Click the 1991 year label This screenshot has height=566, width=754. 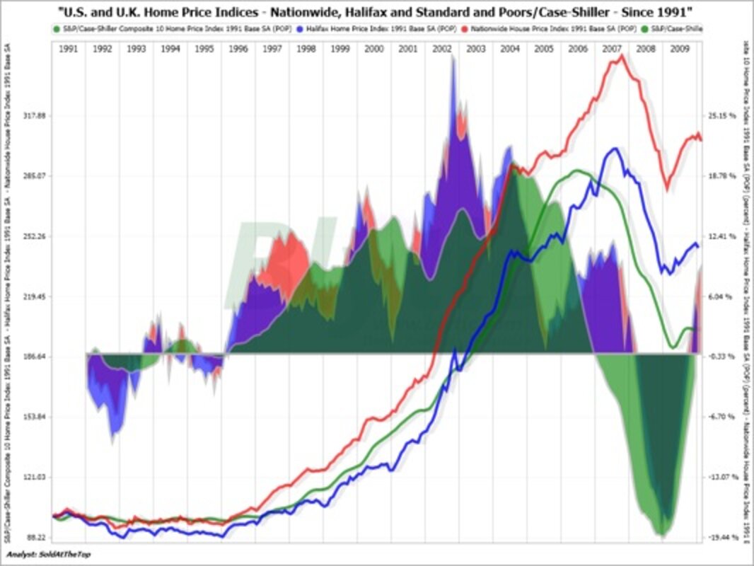pos(68,49)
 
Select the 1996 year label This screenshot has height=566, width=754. pos(238,49)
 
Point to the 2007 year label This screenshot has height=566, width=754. pos(612,49)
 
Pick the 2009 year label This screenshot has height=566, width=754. pos(680,49)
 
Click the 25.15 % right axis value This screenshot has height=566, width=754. pos(722,115)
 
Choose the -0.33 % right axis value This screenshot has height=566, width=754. pos(722,357)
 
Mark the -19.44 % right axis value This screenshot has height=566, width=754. pos(722,538)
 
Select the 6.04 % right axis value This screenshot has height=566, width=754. pos(722,296)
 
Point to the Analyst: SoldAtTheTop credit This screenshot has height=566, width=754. pos(48,553)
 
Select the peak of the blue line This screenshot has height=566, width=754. pos(615,149)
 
